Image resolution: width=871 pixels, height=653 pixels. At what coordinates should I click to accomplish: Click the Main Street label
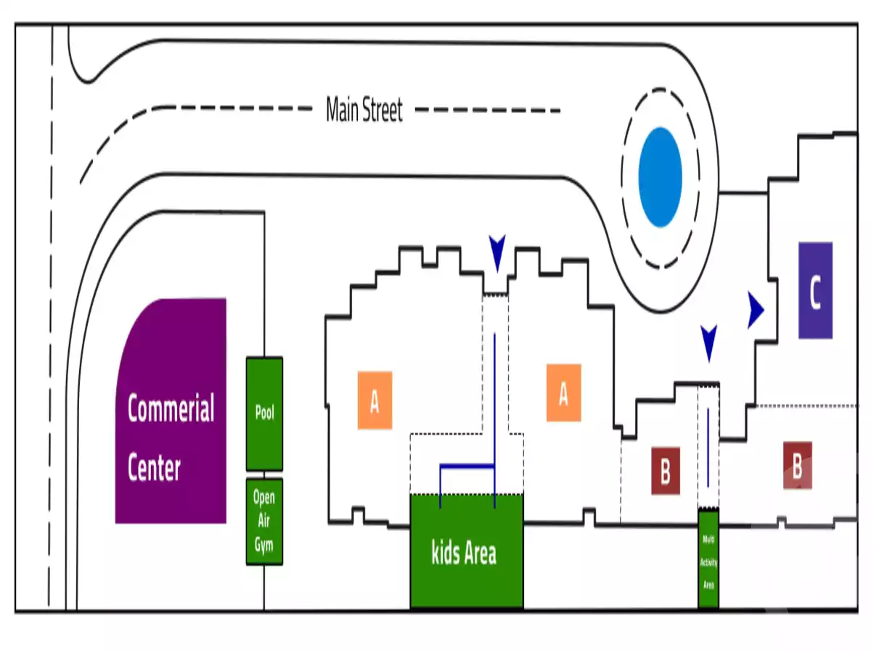364,111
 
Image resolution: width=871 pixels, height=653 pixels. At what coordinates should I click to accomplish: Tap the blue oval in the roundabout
660,177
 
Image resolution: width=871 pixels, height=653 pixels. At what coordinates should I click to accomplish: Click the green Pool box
264,414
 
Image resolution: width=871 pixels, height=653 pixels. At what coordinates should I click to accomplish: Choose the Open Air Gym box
264,521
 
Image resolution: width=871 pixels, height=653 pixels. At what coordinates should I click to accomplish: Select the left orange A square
375,400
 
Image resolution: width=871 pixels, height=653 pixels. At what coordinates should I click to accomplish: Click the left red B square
665,471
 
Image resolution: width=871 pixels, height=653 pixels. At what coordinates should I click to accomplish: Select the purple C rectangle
815,290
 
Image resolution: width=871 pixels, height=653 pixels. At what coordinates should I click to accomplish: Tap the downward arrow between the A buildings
496,253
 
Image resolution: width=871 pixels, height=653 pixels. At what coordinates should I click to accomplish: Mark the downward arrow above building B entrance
708,342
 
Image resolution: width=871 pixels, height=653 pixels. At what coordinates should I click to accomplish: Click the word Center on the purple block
154,468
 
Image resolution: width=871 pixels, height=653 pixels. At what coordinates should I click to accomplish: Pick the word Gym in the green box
263,544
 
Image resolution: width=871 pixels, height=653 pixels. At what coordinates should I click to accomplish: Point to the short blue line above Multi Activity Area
708,447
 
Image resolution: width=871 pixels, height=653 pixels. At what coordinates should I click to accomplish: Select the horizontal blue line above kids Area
467,465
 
